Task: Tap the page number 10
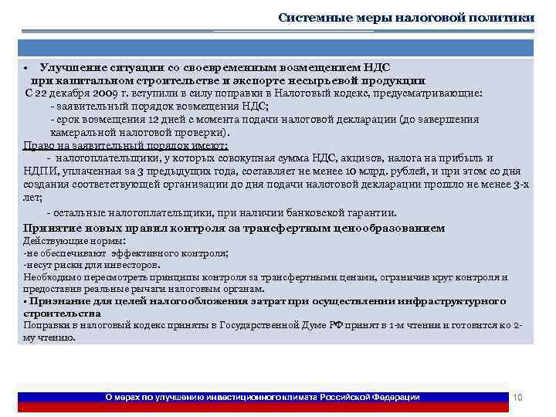point(518,397)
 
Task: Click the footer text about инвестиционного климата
point(263,397)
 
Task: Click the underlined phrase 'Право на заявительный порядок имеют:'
point(126,144)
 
